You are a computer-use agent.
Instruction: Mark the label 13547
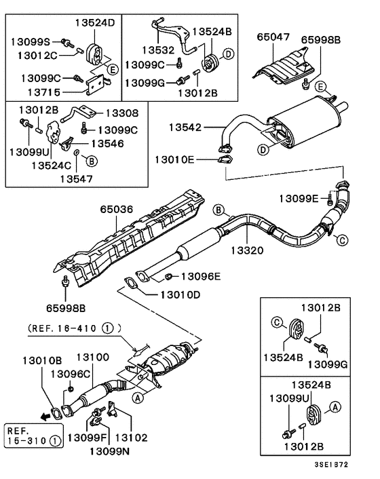[x=78, y=178]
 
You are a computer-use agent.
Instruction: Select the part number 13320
[x=251, y=250]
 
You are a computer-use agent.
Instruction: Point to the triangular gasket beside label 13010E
[x=222, y=160]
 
